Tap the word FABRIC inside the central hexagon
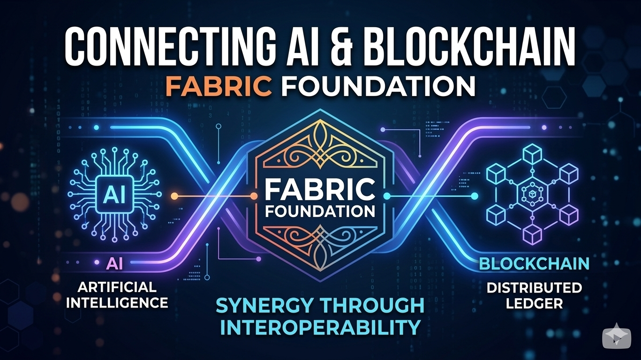point(320,190)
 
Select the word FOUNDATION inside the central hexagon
point(320,211)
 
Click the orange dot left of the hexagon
point(175,195)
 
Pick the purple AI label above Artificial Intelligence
point(114,264)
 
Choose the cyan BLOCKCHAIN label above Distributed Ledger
point(534,264)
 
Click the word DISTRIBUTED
point(534,287)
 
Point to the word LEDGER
point(534,303)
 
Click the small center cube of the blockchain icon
point(531,194)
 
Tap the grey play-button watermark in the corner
point(615,337)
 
